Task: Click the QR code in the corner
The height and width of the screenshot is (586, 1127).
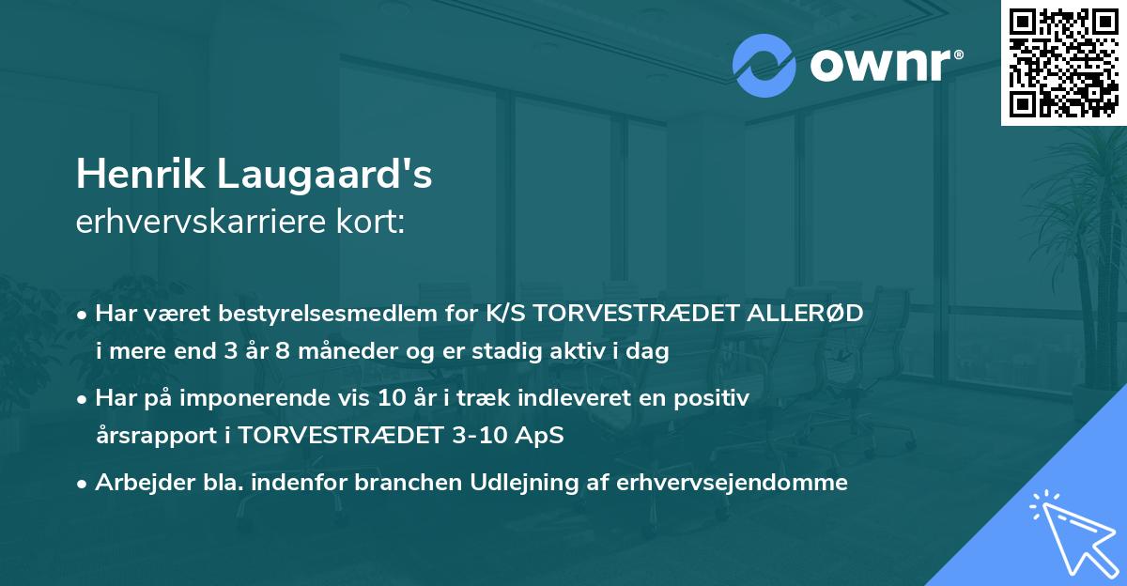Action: tap(1063, 62)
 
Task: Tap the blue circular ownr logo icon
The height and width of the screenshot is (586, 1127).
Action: tap(764, 65)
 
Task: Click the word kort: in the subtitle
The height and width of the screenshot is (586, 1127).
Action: tap(374, 222)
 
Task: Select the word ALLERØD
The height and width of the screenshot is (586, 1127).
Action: tap(811, 312)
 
